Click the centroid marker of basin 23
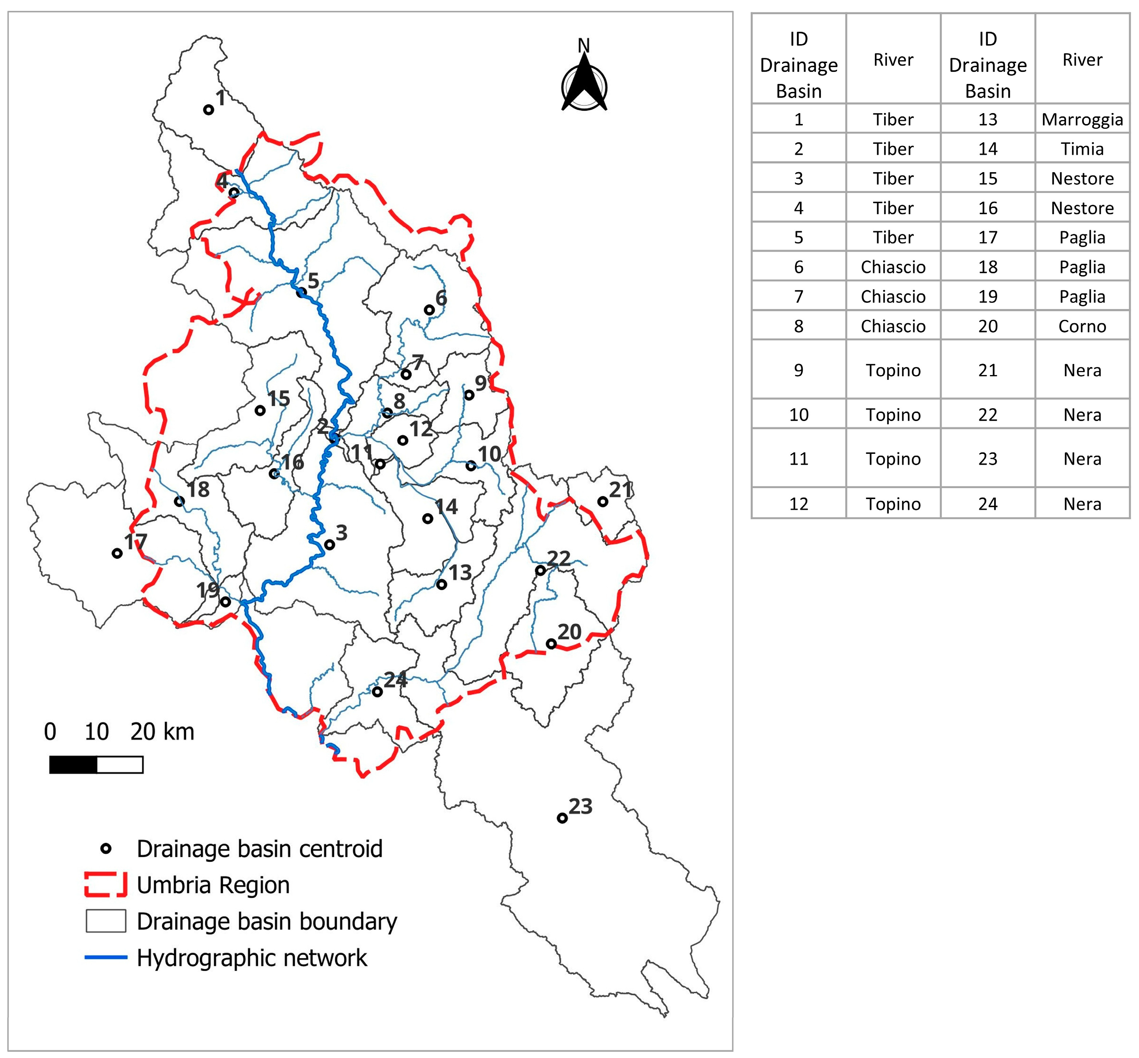562,818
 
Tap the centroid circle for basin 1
209,109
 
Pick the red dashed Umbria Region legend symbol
105,885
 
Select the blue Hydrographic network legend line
105,957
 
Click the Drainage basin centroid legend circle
106,849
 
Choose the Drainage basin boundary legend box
106,921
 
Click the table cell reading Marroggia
1082,119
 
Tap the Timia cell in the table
1082,149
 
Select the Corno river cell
1082,326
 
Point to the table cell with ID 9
798,370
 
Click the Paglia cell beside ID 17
1082,237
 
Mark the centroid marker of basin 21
603,502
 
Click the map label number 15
279,398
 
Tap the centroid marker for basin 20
551,644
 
